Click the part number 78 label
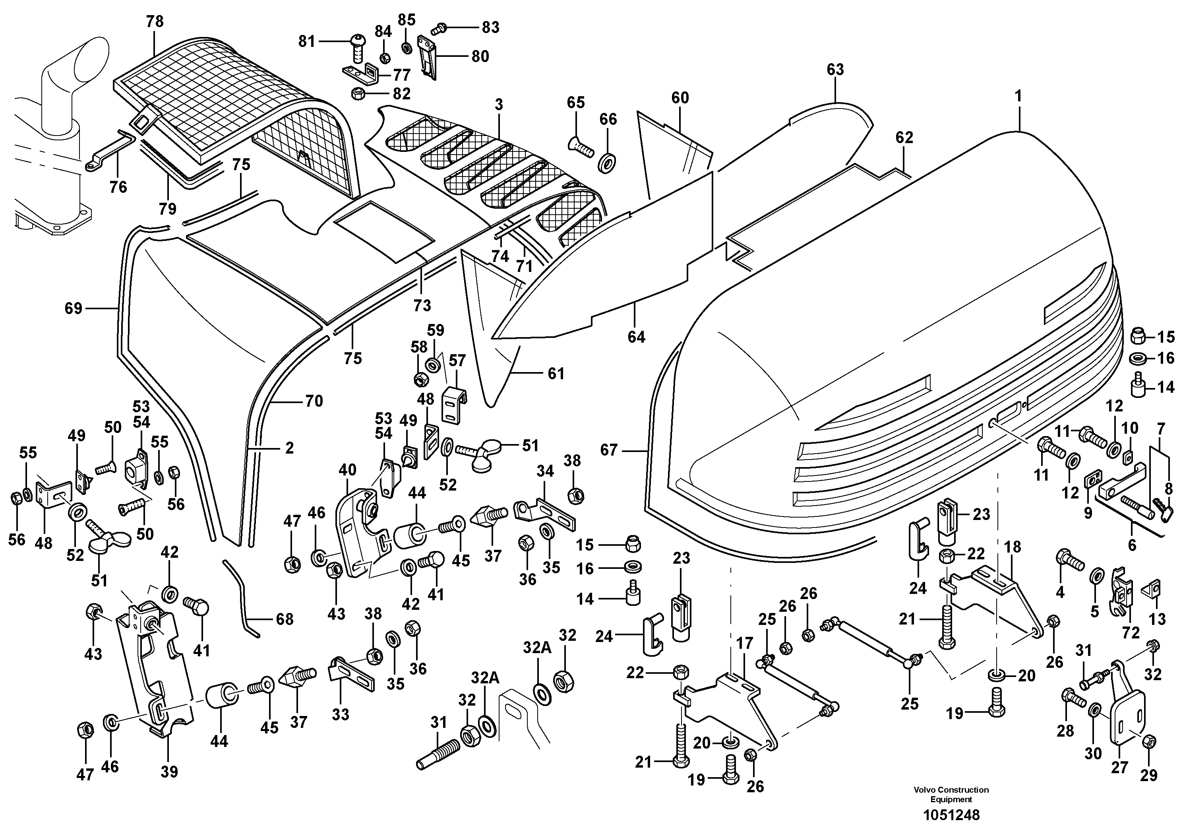pyautogui.click(x=155, y=21)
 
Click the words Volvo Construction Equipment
pyautogui.click(x=951, y=794)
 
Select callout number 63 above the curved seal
pyautogui.click(x=835, y=70)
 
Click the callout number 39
pyautogui.click(x=169, y=772)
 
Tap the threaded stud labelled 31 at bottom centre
pyautogui.click(x=433, y=756)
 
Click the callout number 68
pyautogui.click(x=285, y=619)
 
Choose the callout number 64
pyautogui.click(x=636, y=337)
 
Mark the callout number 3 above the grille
pyautogui.click(x=498, y=105)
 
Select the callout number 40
pyautogui.click(x=347, y=469)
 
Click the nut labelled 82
pyautogui.click(x=357, y=94)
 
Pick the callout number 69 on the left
pyautogui.click(x=73, y=308)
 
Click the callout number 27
pyautogui.click(x=1120, y=768)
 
